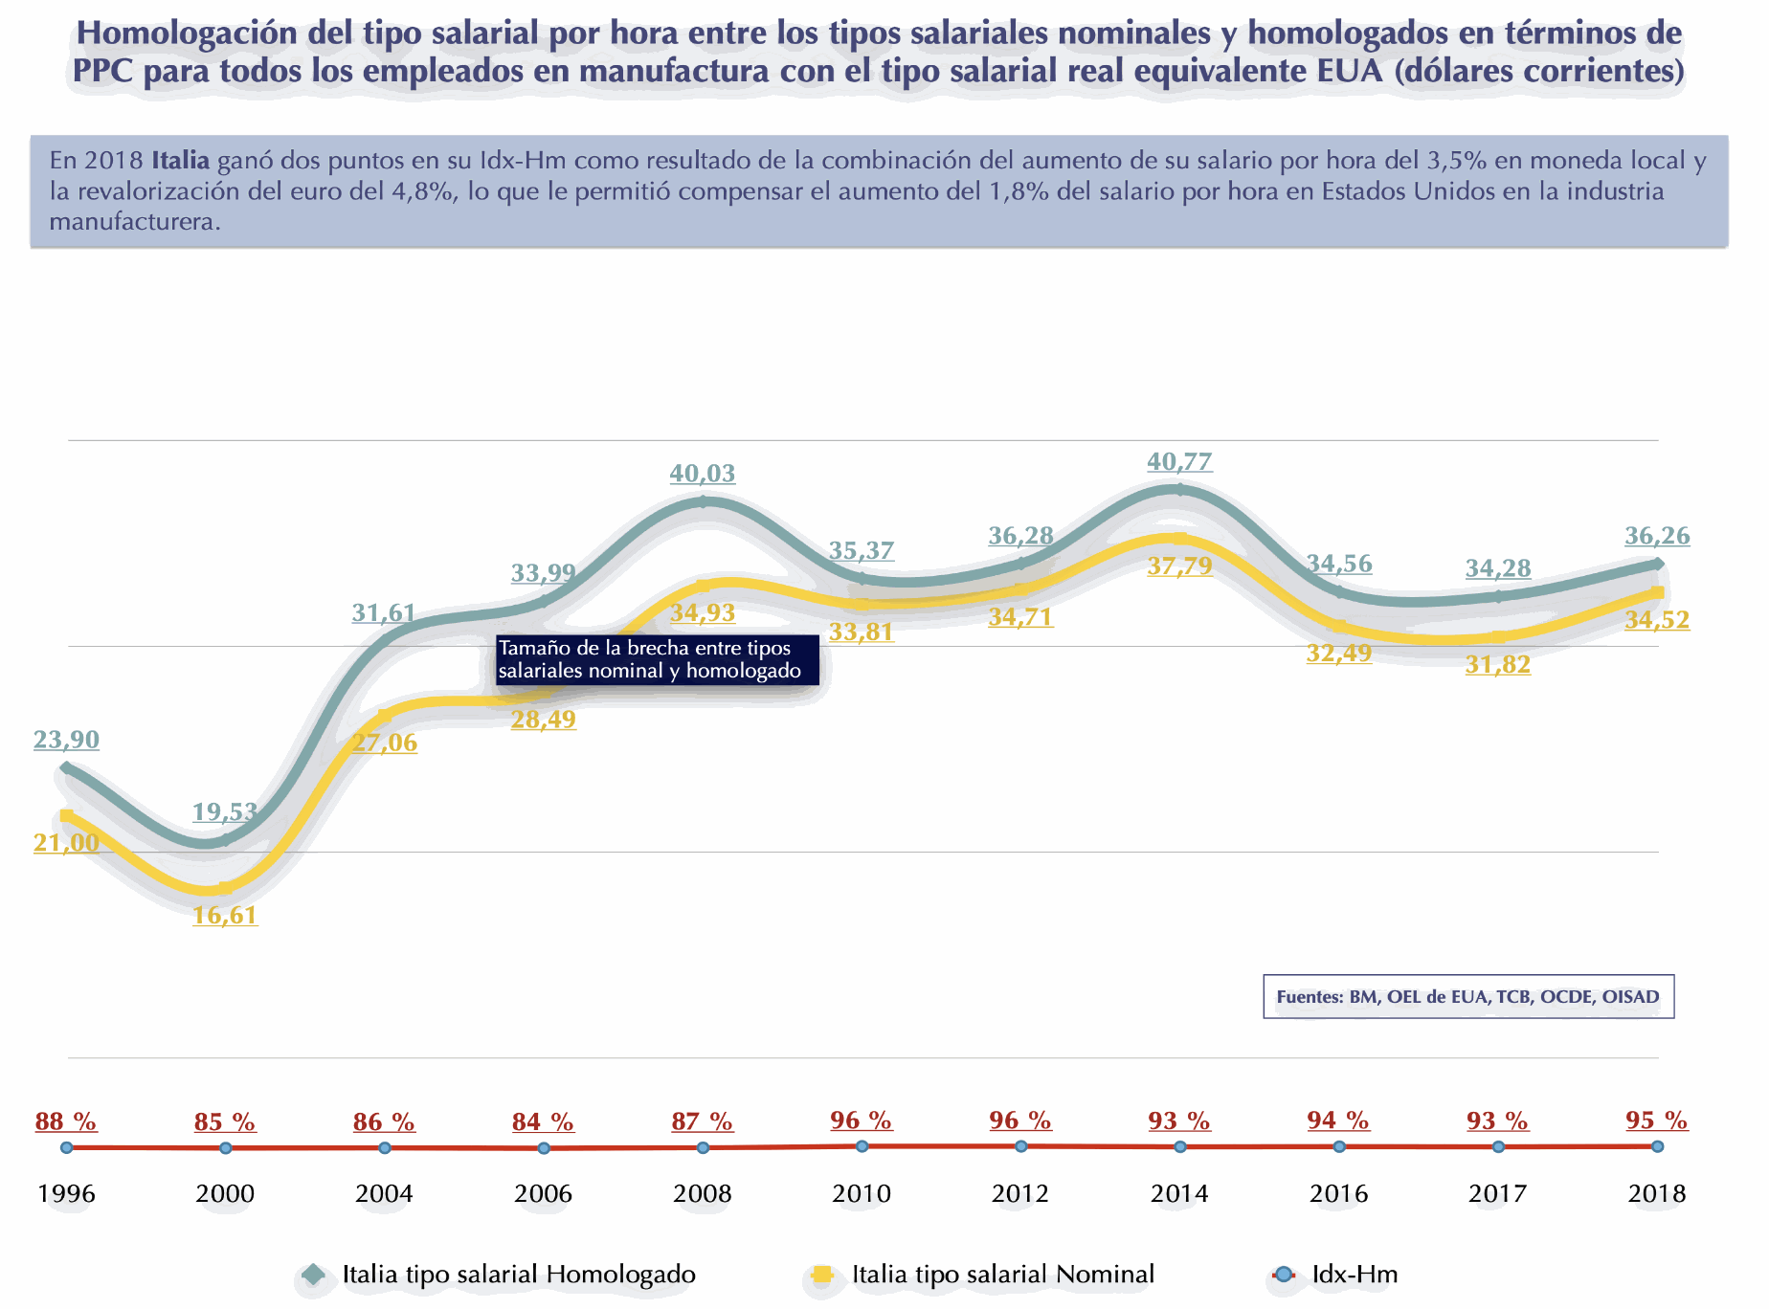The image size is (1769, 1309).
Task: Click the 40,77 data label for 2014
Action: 1179,462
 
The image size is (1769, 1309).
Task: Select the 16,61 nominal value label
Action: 225,916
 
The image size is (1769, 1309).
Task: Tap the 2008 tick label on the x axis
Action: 703,1193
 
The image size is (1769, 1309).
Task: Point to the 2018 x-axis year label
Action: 1657,1193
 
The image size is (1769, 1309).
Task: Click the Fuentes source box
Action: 1467,997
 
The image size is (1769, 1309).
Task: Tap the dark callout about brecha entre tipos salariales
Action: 657,660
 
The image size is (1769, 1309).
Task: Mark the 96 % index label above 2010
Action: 862,1120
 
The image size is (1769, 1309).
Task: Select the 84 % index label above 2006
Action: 543,1121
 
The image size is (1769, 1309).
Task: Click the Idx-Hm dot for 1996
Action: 66,1147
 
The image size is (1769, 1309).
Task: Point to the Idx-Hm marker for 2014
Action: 1179,1146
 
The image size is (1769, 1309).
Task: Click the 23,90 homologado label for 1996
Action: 66,740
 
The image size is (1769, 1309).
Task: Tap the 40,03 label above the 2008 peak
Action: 703,473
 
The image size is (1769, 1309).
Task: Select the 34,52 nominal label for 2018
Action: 1657,620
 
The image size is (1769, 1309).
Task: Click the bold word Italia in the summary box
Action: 180,160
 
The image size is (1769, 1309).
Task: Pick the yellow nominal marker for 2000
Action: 225,889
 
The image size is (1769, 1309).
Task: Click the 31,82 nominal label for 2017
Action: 1498,665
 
